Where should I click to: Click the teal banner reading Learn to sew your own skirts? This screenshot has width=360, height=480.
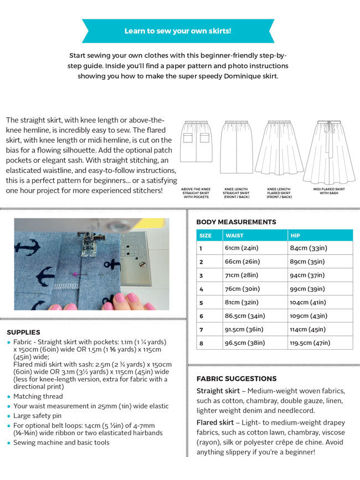point(178,31)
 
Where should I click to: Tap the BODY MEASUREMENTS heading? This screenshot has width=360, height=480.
point(236,222)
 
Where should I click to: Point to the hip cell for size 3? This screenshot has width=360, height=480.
point(308,275)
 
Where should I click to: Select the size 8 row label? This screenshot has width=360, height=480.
point(202,343)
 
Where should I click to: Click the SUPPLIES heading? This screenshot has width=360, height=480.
point(23,332)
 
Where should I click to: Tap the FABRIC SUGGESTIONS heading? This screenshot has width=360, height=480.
point(236,379)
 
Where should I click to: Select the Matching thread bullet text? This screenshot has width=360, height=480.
point(38,397)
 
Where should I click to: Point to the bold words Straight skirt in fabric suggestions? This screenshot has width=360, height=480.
point(217,391)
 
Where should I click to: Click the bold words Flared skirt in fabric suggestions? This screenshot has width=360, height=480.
point(215,422)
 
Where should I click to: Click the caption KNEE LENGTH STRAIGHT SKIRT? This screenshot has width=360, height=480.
point(236,192)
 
